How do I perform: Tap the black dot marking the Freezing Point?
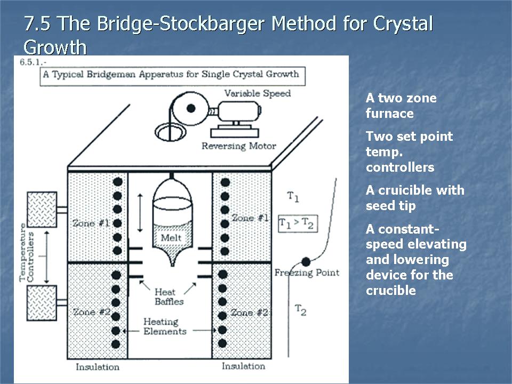click(x=306, y=262)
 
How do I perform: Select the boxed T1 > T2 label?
click(x=298, y=223)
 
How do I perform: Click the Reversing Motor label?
click(x=238, y=146)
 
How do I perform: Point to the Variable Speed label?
click(x=257, y=93)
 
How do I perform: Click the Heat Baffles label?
click(x=169, y=297)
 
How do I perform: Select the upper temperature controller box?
click(x=42, y=209)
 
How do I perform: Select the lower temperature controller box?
click(x=42, y=302)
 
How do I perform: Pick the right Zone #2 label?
click(x=249, y=312)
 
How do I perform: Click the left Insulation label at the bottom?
click(x=98, y=366)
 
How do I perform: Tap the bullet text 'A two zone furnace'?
click(x=401, y=106)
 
